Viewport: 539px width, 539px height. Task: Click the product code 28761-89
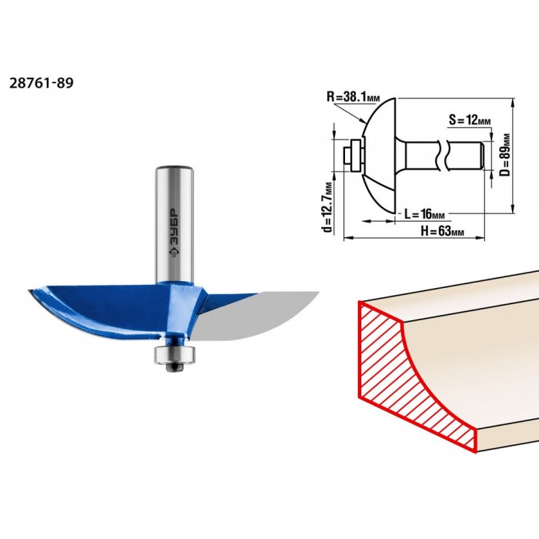(42, 83)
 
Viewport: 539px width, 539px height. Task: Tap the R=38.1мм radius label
(353, 97)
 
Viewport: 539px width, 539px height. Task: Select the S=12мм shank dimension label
(470, 120)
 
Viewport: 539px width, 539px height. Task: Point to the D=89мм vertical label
(504, 155)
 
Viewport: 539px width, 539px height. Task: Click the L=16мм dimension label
(424, 215)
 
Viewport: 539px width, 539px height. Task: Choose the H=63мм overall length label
(443, 231)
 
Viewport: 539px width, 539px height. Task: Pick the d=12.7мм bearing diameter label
(328, 207)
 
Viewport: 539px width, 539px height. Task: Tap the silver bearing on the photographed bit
(175, 355)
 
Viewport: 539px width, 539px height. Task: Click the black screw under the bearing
(175, 367)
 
